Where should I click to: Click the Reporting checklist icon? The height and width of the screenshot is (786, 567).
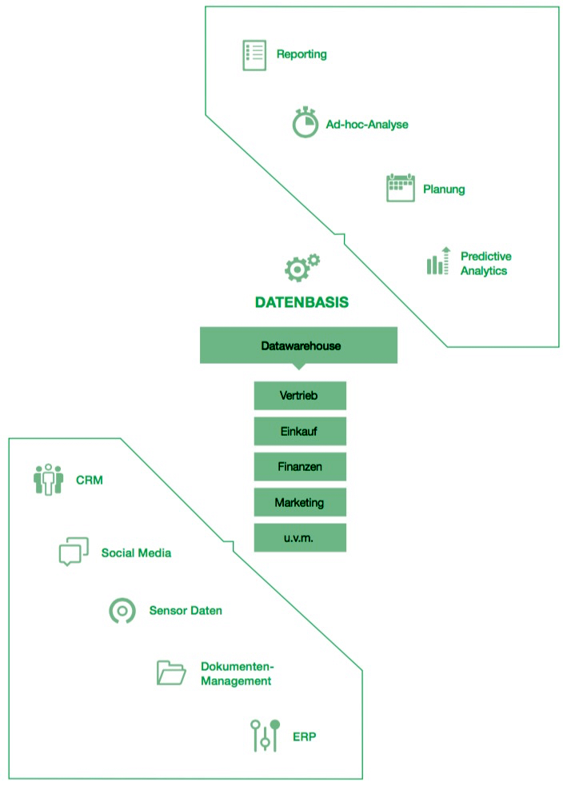254,54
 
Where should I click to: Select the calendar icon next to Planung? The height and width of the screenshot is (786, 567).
400,188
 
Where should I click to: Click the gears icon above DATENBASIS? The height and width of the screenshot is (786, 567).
301,268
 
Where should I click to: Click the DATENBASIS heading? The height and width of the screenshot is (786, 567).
301,303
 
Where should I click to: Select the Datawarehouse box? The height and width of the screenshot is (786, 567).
298,346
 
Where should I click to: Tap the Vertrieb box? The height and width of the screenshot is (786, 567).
300,396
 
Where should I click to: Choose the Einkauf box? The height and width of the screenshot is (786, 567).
300,430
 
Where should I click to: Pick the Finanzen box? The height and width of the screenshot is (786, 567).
300,466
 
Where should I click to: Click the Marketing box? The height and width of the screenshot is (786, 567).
300,502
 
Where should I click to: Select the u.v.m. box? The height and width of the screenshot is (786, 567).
300,538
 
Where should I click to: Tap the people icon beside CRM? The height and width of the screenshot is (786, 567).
48,480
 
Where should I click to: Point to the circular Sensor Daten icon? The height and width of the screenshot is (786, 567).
122,611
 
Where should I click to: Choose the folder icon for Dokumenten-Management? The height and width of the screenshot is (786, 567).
170,672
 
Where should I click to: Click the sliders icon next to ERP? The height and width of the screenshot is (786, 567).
265,736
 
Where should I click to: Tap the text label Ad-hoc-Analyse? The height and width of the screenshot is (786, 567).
367,124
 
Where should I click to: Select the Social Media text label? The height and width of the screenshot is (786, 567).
136,553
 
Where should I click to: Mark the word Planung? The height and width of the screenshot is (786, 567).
444,190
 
